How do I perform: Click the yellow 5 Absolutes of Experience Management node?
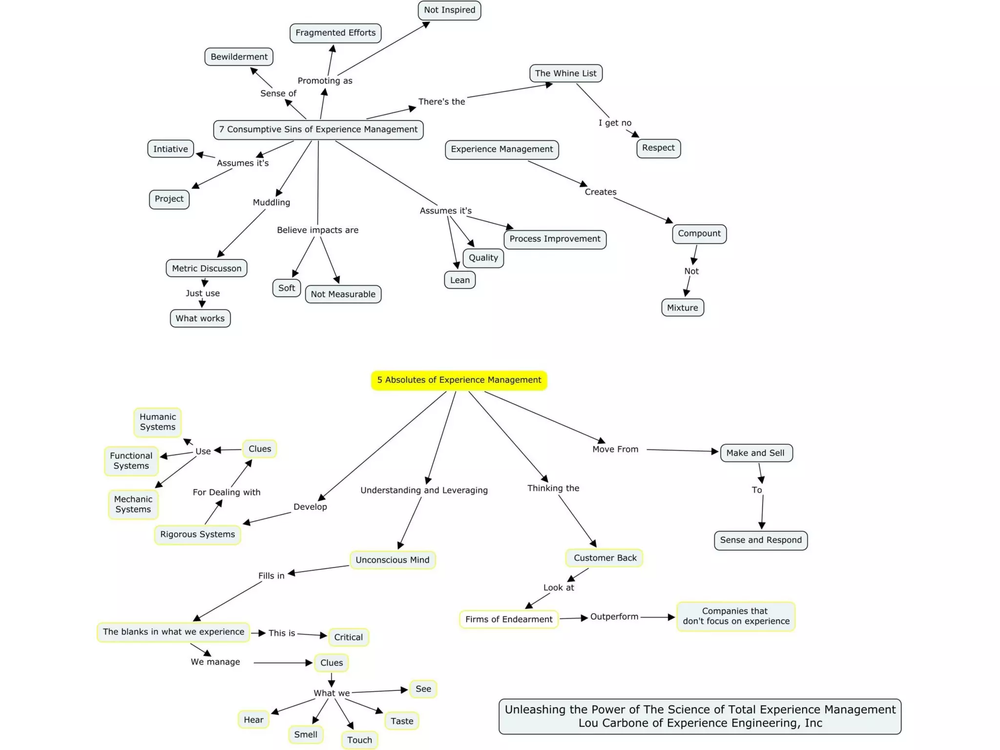pyautogui.click(x=458, y=380)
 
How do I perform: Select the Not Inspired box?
pyautogui.click(x=449, y=10)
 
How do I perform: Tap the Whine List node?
pyautogui.click(x=565, y=73)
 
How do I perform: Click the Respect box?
pyautogui.click(x=658, y=148)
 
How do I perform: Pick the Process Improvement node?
pyautogui.click(x=555, y=239)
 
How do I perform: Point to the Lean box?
pyautogui.click(x=459, y=280)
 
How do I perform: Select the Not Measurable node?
pyautogui.click(x=343, y=294)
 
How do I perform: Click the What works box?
pyautogui.click(x=200, y=318)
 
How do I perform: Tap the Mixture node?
pyautogui.click(x=682, y=308)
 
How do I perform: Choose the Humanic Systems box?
pyautogui.click(x=157, y=422)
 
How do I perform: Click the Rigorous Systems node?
pyautogui.click(x=197, y=535)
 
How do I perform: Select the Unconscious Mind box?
pyautogui.click(x=392, y=560)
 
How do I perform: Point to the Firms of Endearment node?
pyautogui.click(x=508, y=619)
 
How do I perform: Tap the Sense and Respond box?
pyautogui.click(x=760, y=540)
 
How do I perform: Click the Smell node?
pyautogui.click(x=306, y=734)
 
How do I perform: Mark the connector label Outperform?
pyautogui.click(x=614, y=617)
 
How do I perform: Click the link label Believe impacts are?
pyautogui.click(x=317, y=230)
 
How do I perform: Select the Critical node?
pyautogui.click(x=348, y=637)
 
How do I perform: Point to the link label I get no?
pyautogui.click(x=615, y=123)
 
